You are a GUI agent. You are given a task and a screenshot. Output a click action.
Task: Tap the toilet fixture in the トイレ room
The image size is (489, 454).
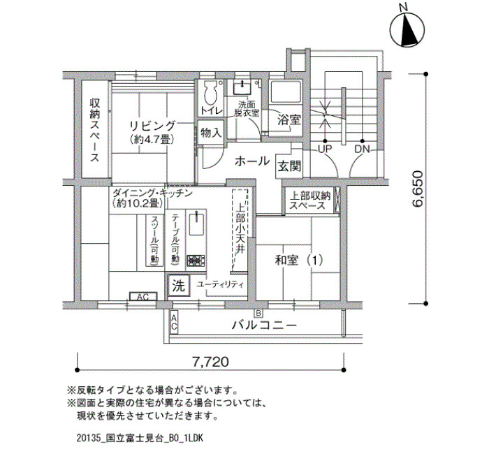click(211, 92)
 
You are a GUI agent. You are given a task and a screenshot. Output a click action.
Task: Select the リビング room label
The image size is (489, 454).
click(152, 126)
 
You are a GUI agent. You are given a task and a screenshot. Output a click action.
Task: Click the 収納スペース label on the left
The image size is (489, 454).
click(95, 130)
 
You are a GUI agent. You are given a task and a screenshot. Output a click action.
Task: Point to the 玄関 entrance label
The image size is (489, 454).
click(289, 166)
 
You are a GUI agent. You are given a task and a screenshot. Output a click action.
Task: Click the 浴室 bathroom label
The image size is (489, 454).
click(289, 119)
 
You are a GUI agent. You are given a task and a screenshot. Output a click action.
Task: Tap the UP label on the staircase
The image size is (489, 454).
click(325, 149)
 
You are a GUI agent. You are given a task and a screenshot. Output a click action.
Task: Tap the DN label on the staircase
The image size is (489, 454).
click(362, 149)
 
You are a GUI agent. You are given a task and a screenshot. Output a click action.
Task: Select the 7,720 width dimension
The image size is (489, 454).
click(210, 362)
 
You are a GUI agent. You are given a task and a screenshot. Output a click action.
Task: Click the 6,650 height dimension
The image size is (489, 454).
click(417, 189)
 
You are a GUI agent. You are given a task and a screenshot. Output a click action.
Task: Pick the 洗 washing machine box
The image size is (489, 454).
click(179, 285)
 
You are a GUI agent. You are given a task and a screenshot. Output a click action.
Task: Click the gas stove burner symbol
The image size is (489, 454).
click(196, 260)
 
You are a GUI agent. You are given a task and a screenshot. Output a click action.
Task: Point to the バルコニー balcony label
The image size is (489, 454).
click(264, 325)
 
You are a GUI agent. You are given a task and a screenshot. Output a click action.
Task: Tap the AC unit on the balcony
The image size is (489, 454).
click(174, 323)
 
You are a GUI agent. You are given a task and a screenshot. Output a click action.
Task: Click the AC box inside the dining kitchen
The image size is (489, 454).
click(143, 297)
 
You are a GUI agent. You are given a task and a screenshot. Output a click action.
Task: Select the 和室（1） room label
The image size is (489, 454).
click(298, 260)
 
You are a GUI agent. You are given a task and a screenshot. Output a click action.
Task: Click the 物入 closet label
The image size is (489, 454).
click(211, 133)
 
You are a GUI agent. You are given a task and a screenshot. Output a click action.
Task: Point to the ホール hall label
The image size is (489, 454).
click(252, 161)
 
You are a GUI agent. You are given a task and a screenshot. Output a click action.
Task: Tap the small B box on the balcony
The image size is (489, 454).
click(258, 312)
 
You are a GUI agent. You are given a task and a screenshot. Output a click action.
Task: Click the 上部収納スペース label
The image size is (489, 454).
click(310, 200)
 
